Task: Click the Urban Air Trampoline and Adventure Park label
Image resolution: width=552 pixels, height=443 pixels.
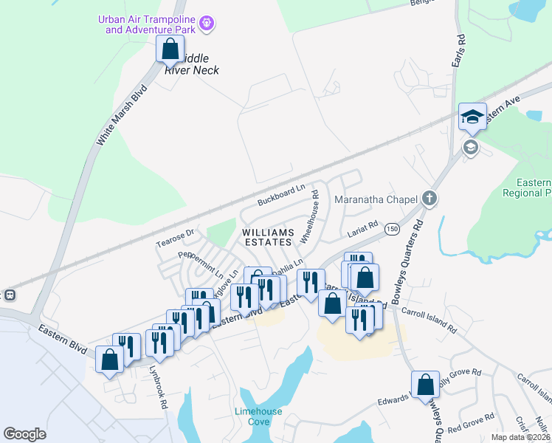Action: click(145, 24)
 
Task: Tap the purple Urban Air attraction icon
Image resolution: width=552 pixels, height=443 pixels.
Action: click(208, 24)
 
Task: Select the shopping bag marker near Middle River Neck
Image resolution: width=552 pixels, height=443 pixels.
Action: click(170, 50)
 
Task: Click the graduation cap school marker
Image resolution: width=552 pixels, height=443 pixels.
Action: click(472, 117)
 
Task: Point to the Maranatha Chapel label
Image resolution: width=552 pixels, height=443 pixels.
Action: click(377, 199)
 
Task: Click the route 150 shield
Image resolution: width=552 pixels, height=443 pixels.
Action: click(392, 230)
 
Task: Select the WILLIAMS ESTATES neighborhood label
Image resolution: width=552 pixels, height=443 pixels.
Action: click(269, 237)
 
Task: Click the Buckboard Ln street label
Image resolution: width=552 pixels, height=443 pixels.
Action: click(280, 196)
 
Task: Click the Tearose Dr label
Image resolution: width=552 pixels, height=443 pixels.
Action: click(174, 238)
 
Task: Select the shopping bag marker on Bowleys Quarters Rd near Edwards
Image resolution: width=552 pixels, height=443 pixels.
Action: click(425, 385)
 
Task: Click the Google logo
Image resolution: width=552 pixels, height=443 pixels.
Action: click(25, 434)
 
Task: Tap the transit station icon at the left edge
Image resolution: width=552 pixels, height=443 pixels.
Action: click(10, 295)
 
